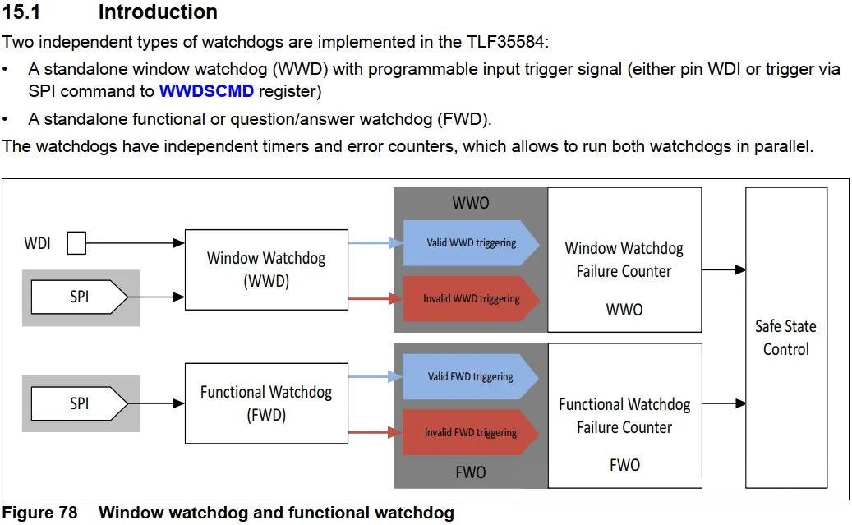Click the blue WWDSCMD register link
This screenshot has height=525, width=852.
click(x=206, y=91)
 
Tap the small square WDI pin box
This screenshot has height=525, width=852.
click(x=76, y=243)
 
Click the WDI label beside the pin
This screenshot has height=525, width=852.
click(x=38, y=243)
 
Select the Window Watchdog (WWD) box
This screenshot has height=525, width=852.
click(x=266, y=269)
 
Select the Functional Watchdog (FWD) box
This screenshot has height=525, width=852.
click(x=266, y=403)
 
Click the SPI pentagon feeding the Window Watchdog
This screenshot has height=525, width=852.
click(x=80, y=297)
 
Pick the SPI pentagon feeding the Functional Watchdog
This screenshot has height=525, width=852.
click(x=80, y=403)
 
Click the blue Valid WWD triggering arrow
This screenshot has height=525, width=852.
click(x=471, y=243)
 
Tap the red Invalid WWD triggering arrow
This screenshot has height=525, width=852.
click(x=471, y=298)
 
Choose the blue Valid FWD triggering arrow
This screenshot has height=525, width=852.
click(x=470, y=376)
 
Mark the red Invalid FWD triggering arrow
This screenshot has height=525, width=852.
click(x=470, y=432)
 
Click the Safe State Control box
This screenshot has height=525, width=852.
click(x=786, y=338)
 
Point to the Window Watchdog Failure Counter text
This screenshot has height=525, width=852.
click(x=624, y=260)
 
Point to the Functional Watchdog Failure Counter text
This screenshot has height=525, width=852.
click(x=624, y=416)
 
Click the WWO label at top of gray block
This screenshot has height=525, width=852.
click(x=471, y=203)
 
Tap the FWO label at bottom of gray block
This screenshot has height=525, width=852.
click(x=471, y=472)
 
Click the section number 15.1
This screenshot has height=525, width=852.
click(x=21, y=12)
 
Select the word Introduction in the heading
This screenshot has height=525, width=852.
click(x=158, y=12)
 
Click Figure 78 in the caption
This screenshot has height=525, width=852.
click(x=39, y=513)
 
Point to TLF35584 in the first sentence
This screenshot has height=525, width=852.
click(x=505, y=42)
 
